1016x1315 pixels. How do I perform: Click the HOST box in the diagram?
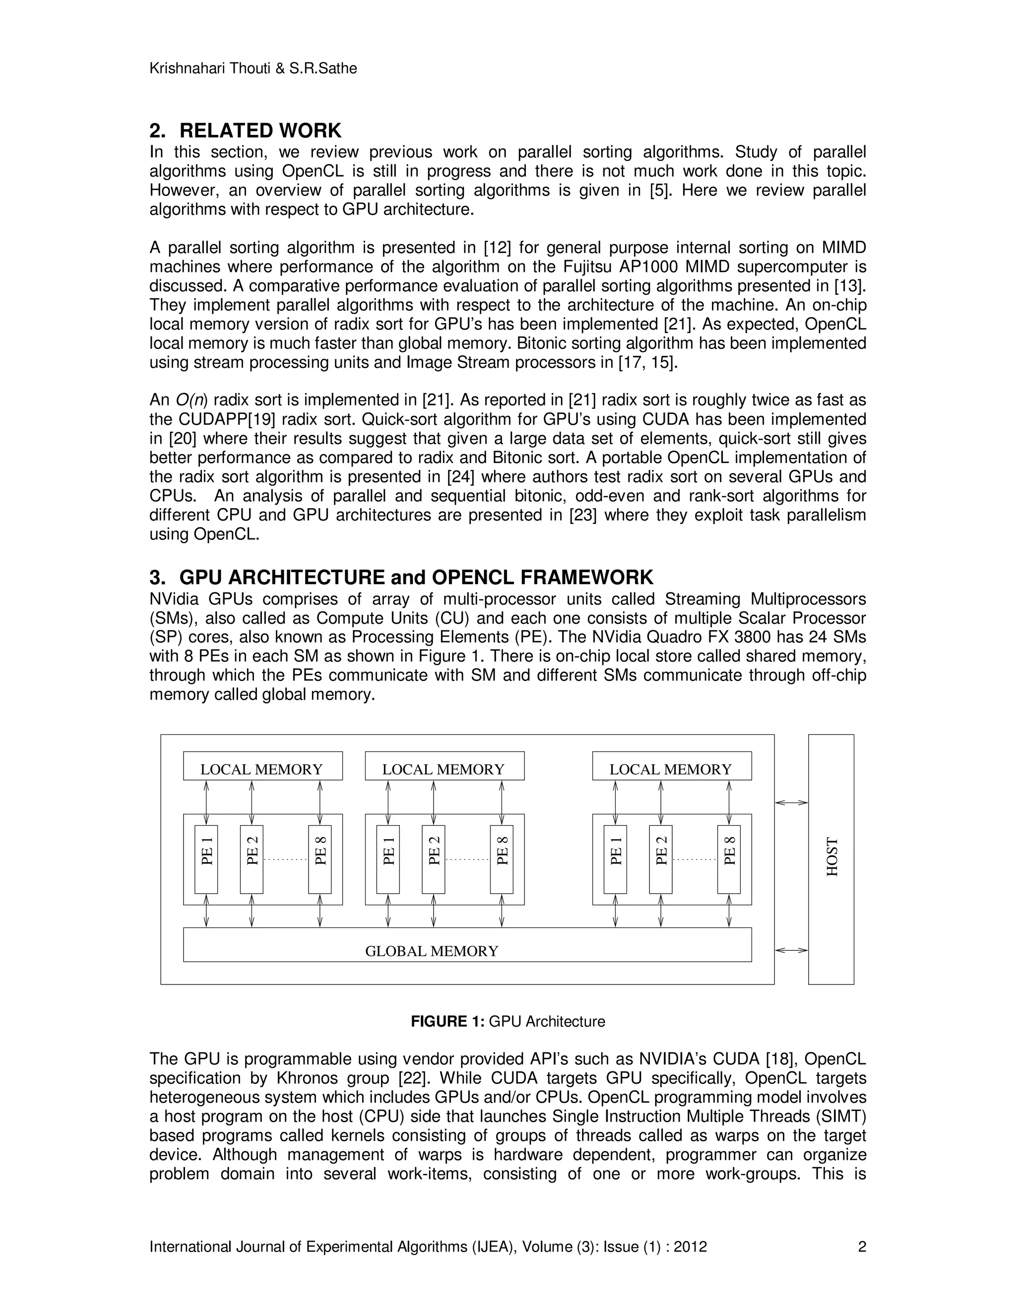click(830, 858)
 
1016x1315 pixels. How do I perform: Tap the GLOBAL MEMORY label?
click(432, 951)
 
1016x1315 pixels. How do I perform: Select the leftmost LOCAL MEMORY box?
click(262, 766)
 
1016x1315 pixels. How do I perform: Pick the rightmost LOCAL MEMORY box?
click(671, 766)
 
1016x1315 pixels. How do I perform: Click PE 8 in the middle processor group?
click(502, 858)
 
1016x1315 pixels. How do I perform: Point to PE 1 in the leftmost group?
click(206, 858)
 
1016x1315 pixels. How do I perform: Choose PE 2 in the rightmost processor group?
click(660, 858)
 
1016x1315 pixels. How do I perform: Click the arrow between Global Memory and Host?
click(791, 950)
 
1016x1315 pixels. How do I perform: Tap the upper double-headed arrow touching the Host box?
click(791, 802)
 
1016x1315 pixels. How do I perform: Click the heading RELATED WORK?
click(260, 131)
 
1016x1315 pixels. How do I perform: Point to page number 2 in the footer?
click(861, 1247)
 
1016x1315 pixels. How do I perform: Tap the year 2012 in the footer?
click(690, 1247)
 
